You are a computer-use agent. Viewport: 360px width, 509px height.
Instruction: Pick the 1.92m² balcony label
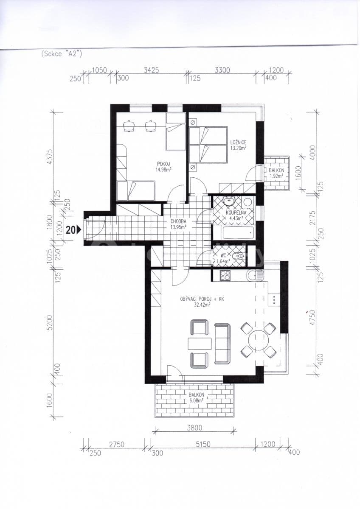point(277,173)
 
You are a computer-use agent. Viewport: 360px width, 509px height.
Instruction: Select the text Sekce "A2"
point(62,53)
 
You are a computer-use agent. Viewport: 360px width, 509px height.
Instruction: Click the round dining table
point(259,340)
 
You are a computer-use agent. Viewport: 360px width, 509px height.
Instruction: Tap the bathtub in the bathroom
point(233,232)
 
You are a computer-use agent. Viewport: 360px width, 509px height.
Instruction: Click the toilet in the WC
point(239,256)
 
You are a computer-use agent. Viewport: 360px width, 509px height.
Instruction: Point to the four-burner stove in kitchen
point(225,275)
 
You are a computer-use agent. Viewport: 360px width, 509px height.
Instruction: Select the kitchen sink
point(256,275)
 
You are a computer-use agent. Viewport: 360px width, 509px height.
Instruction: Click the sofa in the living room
point(222,343)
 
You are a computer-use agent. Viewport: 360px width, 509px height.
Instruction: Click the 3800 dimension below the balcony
point(194,428)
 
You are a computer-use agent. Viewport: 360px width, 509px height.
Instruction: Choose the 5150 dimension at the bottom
point(203,444)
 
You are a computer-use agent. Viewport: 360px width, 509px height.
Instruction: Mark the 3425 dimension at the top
point(151,70)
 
